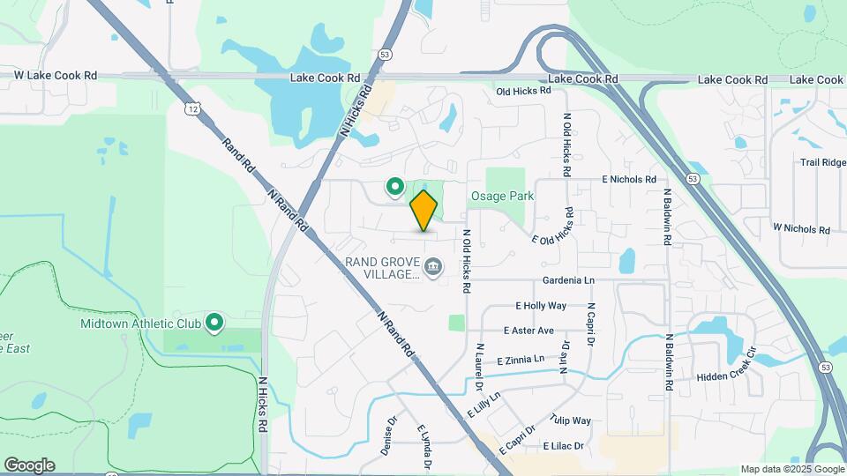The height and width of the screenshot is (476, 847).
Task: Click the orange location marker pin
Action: (424, 211)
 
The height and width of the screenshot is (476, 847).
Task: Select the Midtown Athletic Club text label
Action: (140, 324)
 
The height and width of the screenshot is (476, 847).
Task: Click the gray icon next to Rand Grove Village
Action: (433, 265)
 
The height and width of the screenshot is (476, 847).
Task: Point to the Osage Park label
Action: (502, 197)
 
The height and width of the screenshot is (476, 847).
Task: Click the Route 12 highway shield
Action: (191, 108)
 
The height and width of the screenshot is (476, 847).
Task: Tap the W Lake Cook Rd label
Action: (56, 76)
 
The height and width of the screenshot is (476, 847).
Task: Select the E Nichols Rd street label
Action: (629, 180)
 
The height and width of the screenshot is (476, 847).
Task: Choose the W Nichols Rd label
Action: (801, 229)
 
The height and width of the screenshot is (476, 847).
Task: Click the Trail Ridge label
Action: (822, 163)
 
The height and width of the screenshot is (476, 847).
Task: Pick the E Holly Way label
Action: (541, 306)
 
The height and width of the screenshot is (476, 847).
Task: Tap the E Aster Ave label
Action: (528, 331)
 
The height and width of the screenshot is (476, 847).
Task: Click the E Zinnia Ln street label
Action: (527, 361)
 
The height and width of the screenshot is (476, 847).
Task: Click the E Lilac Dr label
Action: (564, 446)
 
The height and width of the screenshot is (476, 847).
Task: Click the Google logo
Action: (29, 465)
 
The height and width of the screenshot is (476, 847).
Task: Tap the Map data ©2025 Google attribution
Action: (792, 469)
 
